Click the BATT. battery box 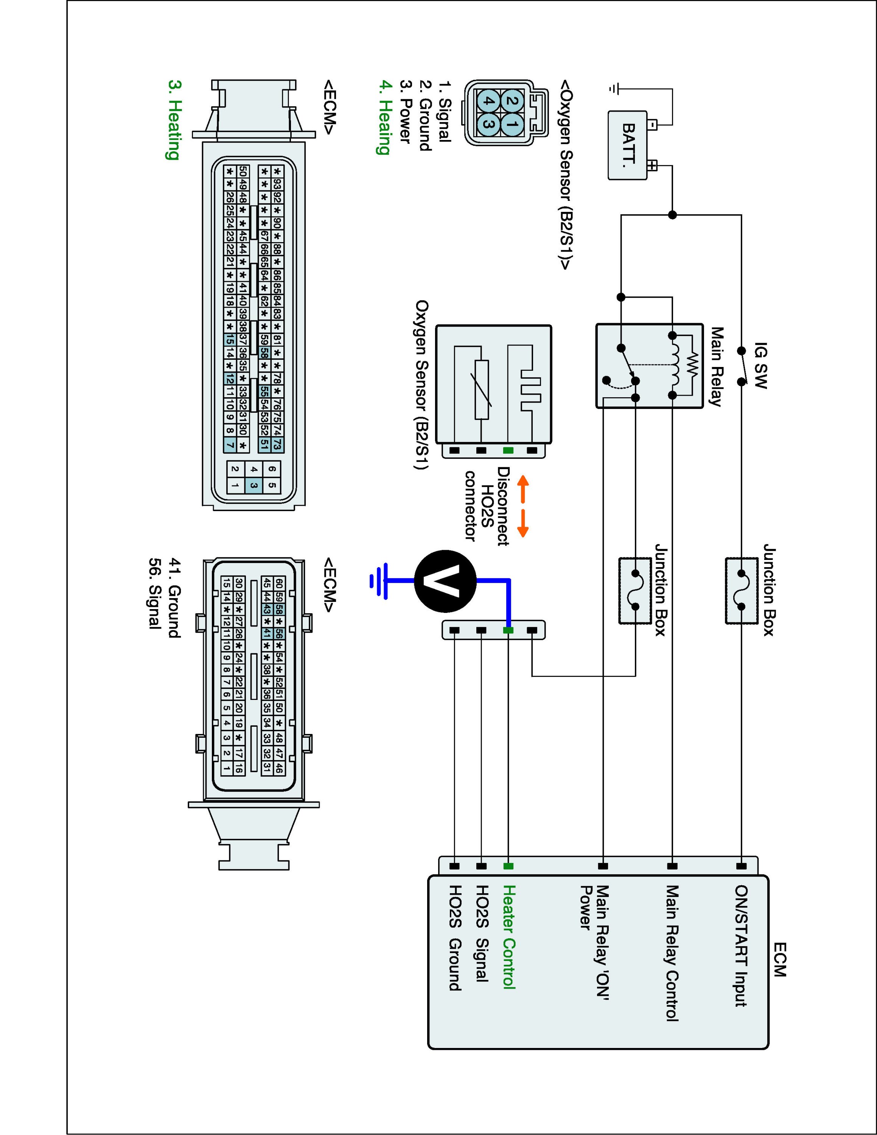628,146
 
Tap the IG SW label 760,365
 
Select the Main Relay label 717,366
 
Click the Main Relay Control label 672,954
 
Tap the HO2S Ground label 455,938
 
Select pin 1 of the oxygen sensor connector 512,124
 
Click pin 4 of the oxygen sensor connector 487,101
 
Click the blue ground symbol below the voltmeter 379,581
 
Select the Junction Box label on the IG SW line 769,590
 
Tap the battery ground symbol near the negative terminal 614,89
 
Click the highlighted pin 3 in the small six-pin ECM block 254,486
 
